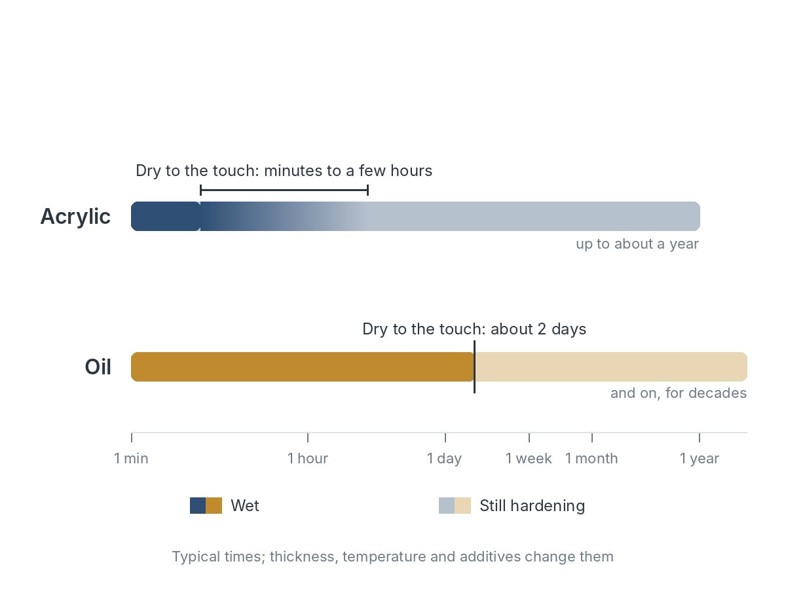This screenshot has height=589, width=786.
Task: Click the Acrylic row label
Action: pos(75,217)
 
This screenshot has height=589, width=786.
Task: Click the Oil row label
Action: pos(98,367)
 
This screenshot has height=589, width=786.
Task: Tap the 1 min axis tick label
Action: pos(131,458)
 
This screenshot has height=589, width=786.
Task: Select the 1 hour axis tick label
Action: pos(308,458)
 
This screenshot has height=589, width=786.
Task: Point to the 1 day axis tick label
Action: pos(444,459)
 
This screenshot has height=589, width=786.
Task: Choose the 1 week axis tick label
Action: pos(529,458)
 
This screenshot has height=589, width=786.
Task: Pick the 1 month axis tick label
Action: pos(591,458)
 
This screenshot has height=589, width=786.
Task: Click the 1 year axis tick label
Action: pos(700,459)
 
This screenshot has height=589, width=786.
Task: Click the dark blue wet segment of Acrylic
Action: pos(166,217)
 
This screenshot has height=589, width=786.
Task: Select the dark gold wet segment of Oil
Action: pos(303,367)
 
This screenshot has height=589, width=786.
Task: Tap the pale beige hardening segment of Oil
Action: pos(611,367)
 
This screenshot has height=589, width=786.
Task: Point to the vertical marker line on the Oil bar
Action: pos(474,367)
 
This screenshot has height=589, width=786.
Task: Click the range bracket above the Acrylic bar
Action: pos(284,190)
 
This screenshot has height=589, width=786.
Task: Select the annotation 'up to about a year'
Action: pos(637,244)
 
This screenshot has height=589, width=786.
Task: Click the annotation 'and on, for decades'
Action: pos(679,393)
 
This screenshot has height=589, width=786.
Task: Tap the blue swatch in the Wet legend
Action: pos(198,506)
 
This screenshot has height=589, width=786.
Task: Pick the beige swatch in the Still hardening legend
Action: pos(462,506)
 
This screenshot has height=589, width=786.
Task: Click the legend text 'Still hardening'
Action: pos(532,506)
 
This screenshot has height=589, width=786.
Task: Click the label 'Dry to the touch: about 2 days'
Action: pos(474,329)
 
